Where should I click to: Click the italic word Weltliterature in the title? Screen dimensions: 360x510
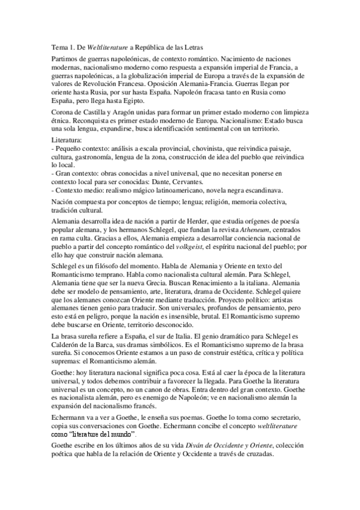point(105,47)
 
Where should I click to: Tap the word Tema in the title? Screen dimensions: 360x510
point(56,47)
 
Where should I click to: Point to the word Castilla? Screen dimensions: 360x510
point(91,114)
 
